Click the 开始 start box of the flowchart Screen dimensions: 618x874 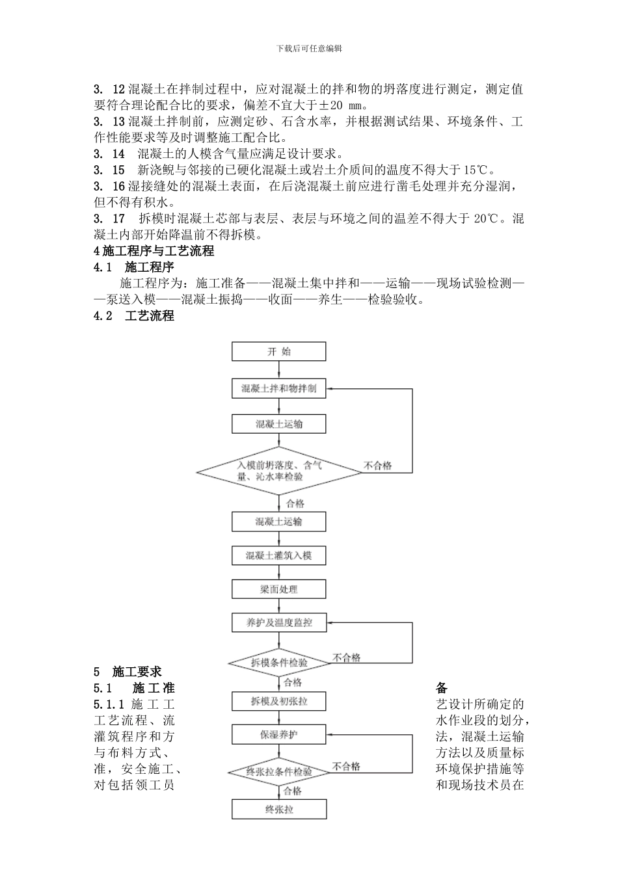click(x=279, y=352)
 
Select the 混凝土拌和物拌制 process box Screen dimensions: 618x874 click(x=279, y=389)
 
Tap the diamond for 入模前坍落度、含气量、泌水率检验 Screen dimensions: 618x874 click(x=279, y=471)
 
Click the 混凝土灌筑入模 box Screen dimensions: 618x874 click(x=279, y=556)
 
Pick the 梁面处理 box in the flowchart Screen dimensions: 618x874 click(x=279, y=589)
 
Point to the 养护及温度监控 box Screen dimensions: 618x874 click(x=279, y=623)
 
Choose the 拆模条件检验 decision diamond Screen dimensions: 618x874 click(x=279, y=663)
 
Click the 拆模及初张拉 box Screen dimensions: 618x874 click(x=279, y=701)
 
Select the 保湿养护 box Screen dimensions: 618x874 click(x=279, y=735)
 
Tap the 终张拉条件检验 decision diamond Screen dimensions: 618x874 click(x=279, y=772)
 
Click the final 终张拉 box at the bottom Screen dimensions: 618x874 click(x=279, y=810)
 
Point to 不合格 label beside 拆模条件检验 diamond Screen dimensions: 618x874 click(x=347, y=658)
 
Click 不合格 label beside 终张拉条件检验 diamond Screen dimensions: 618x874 click(x=347, y=767)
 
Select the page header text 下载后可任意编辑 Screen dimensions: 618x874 click(x=309, y=48)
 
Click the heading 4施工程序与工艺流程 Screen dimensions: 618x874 click(x=154, y=251)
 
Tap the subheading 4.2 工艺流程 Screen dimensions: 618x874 click(x=134, y=316)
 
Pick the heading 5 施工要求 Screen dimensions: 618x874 click(x=128, y=672)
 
